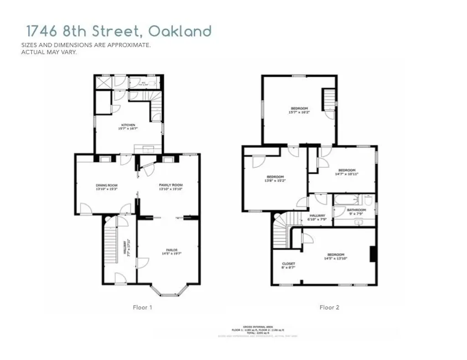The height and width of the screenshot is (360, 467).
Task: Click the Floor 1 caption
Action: pyautogui.click(x=142, y=308)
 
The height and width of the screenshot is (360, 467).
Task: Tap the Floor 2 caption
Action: pyautogui.click(x=329, y=308)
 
